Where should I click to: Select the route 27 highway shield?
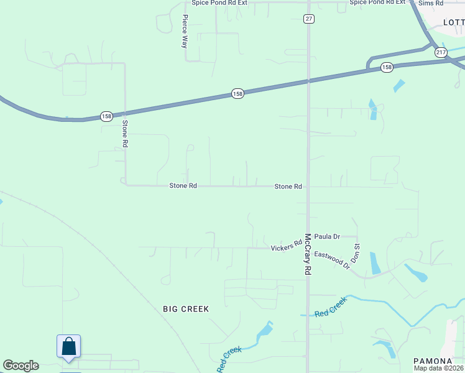[x=309, y=19]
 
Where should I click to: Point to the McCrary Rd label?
[x=307, y=255]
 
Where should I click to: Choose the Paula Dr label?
[x=327, y=236]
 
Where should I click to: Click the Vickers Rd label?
[x=286, y=247]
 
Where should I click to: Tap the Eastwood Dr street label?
[x=332, y=259]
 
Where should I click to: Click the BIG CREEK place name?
[x=186, y=308]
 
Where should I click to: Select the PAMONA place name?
[x=433, y=361]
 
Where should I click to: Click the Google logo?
[x=21, y=366]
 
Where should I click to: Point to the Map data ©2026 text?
[x=439, y=368]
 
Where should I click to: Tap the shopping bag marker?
[x=68, y=347]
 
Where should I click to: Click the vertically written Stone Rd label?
[x=125, y=132]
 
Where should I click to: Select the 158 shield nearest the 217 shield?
[x=387, y=67]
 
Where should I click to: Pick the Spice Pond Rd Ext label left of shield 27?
[x=219, y=2]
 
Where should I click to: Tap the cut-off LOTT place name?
[x=454, y=22]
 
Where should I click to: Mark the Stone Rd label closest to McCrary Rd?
[x=288, y=186]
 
